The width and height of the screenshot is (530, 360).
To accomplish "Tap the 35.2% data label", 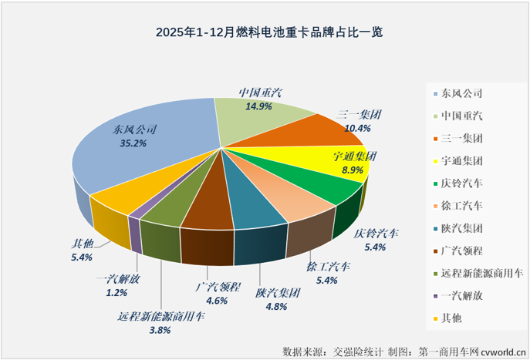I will click(130, 143).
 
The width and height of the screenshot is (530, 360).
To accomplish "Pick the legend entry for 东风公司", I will click(462, 94).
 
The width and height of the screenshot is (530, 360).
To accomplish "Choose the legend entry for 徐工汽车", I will click(462, 206).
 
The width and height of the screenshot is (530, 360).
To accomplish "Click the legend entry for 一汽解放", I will click(462, 295).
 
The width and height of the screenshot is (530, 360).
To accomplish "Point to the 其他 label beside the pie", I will click(81, 245).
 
